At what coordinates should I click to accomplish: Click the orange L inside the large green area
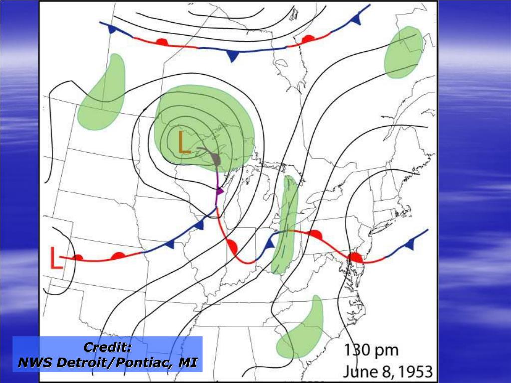click(x=184, y=142)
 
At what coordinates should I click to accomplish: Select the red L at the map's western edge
click(x=56, y=258)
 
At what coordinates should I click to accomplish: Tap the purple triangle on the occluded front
click(x=219, y=191)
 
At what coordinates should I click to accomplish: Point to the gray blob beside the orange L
click(x=215, y=159)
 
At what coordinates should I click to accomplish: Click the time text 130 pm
click(x=371, y=350)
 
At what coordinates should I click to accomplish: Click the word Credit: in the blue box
click(x=107, y=347)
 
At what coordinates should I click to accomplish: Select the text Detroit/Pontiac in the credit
click(x=114, y=362)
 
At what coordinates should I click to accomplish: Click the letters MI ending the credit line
click(x=189, y=362)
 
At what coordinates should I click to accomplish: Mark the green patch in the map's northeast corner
click(x=403, y=53)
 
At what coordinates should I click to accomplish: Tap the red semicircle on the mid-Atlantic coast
click(x=355, y=257)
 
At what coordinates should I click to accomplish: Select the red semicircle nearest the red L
click(x=78, y=258)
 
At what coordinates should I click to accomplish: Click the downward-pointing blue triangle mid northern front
click(x=232, y=56)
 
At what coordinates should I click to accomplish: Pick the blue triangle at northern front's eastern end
click(x=356, y=19)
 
